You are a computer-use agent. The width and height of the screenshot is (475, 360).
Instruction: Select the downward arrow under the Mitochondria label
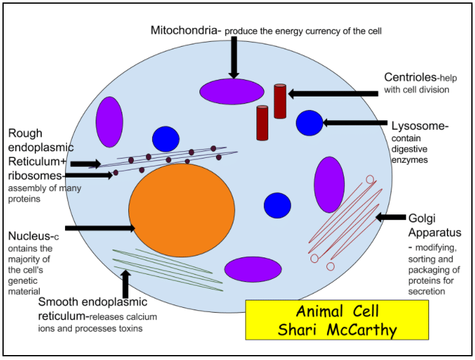(x=234, y=58)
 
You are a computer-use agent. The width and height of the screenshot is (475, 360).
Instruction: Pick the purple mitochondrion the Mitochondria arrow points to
(x=231, y=92)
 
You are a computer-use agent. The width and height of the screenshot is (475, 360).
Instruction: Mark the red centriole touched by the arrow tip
(x=280, y=101)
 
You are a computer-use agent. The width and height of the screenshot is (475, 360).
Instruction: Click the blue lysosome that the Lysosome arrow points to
(x=309, y=123)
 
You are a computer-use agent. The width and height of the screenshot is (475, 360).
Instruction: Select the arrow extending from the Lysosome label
(x=355, y=123)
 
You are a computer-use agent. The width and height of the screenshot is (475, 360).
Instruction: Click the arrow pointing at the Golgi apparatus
(x=390, y=217)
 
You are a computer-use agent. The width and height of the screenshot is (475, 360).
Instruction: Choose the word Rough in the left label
(x=25, y=133)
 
